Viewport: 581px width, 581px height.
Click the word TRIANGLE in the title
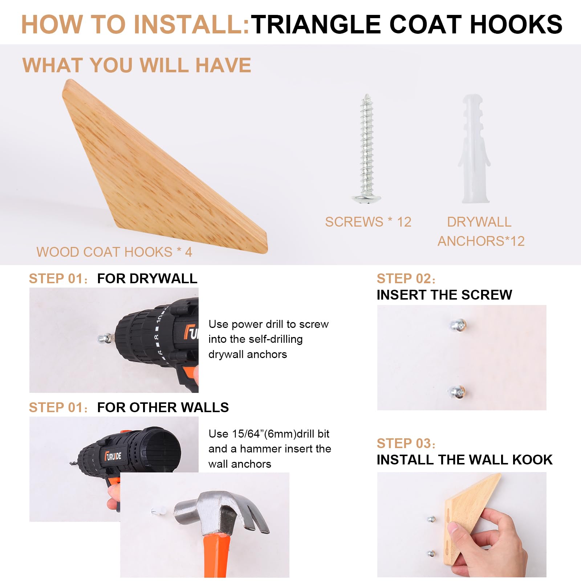coord(316,24)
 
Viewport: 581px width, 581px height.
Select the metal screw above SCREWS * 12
coord(366,149)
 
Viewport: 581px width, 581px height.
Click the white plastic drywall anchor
coord(475,149)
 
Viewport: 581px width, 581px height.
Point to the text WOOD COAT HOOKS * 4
coord(114,252)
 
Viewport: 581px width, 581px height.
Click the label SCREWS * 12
coord(368,222)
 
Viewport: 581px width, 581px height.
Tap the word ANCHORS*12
coord(481,241)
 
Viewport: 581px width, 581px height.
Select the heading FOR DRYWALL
coord(147,279)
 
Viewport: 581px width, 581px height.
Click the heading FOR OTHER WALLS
coord(163,407)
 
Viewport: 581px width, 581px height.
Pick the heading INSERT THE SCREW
coord(444,295)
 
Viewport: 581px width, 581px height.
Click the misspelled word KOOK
coord(532,460)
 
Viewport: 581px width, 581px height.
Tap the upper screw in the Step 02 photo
coord(458,325)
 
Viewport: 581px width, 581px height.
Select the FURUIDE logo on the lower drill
coord(113,456)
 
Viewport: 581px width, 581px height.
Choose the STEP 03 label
coord(406,443)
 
